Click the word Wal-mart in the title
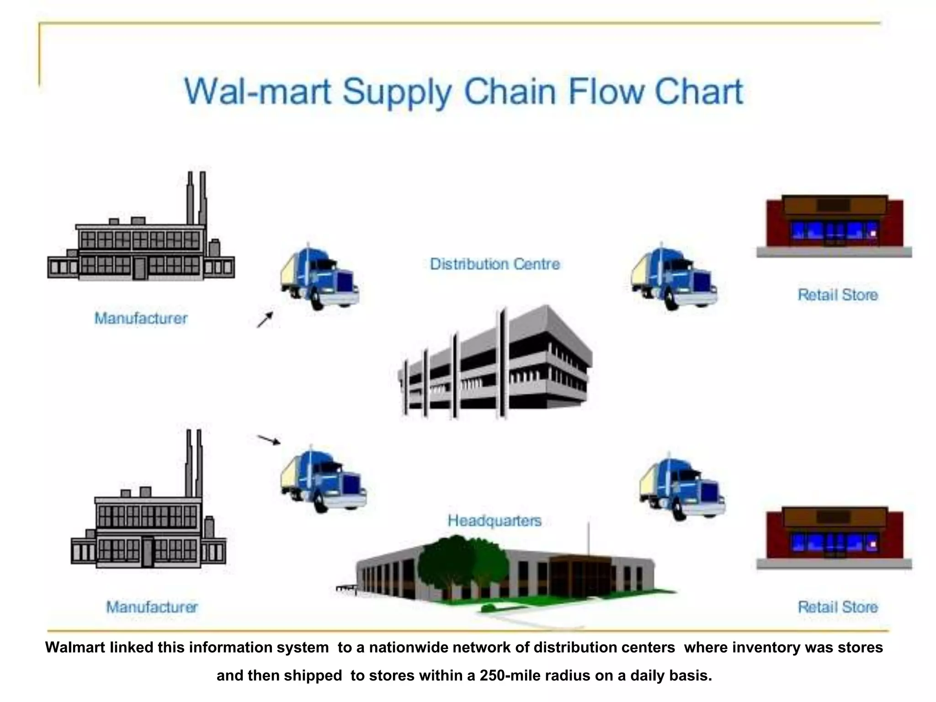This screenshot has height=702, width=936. click(257, 92)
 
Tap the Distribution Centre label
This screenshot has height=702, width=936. click(495, 264)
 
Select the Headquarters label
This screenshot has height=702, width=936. click(495, 521)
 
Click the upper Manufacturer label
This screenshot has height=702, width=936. click(141, 318)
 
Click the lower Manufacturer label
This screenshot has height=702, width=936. click(152, 607)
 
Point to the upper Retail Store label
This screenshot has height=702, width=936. click(838, 295)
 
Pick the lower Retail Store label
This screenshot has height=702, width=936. click(838, 607)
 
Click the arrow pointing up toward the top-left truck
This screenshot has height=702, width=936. click(265, 320)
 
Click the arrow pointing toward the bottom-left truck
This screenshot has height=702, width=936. click(269, 440)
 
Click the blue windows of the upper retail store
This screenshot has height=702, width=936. click(834, 231)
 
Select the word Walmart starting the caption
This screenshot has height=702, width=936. click(75, 648)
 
